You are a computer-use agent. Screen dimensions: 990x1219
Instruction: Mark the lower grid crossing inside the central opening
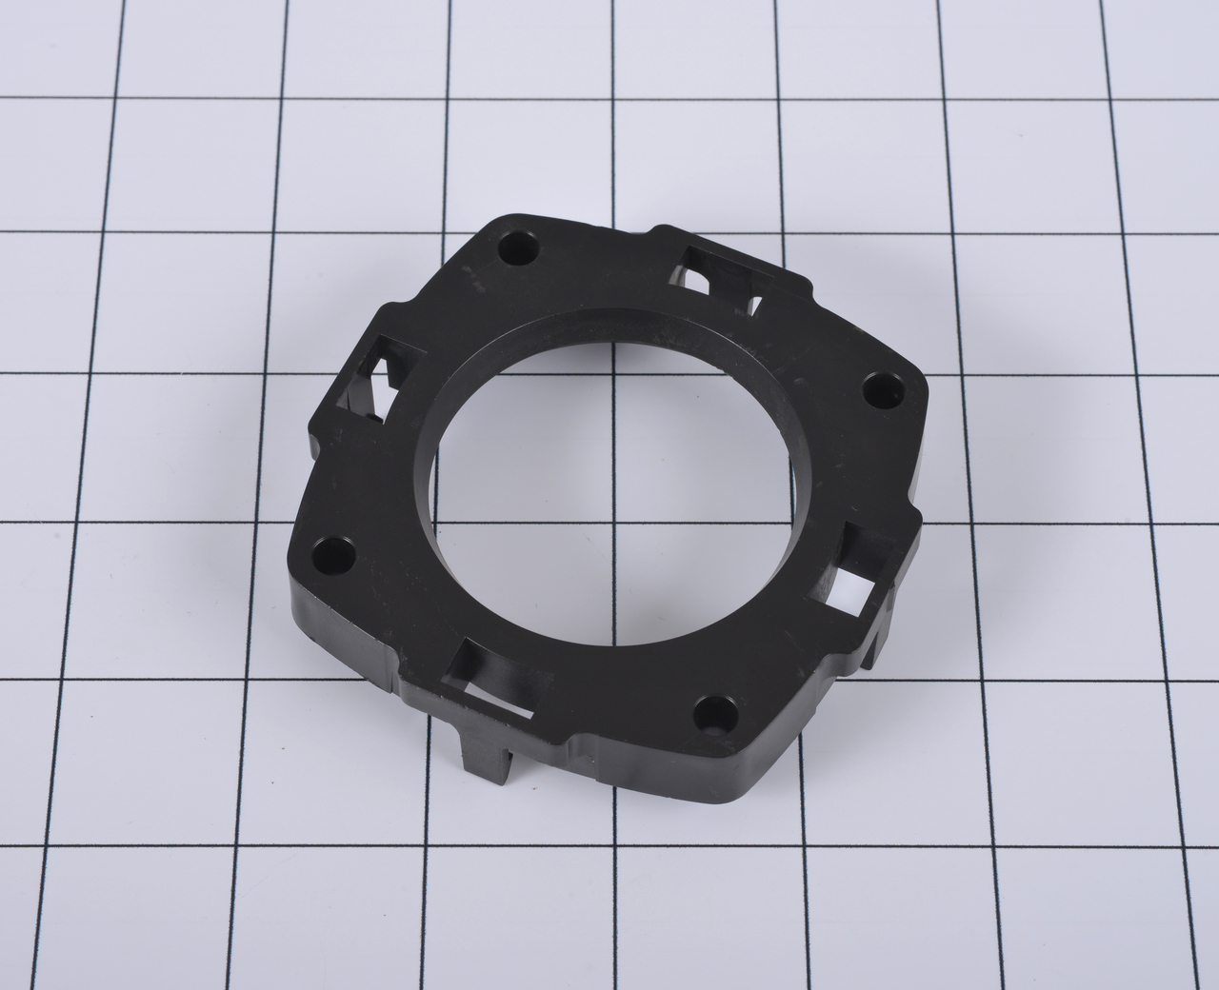pyautogui.click(x=609, y=525)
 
